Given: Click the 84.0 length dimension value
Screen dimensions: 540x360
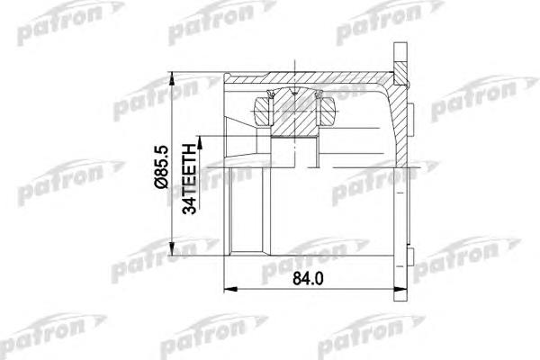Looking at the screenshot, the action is coord(308,279).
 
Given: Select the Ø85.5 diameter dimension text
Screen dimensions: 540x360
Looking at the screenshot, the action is coord(161,166).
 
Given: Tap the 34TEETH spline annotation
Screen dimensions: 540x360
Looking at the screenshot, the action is coord(189,179).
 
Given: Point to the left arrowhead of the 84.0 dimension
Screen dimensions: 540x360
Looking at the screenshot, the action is coord(230,290).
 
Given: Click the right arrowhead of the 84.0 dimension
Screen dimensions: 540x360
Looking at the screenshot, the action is coord(400,290).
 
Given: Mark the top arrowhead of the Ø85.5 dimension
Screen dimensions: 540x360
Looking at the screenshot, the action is coord(171,78).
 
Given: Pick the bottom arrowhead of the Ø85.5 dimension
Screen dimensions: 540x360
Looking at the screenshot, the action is coord(171,248).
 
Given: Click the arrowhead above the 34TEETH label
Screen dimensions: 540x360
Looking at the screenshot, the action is coord(199,142).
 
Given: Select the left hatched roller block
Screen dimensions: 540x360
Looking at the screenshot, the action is coord(263,112).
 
